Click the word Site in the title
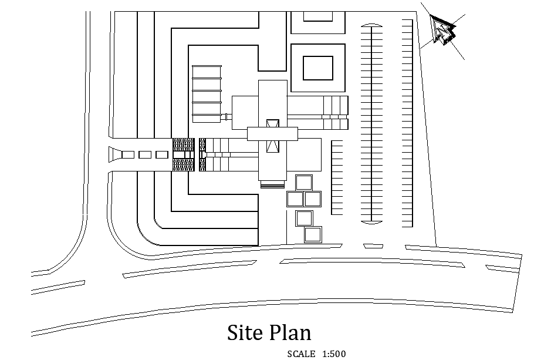pyautogui.click(x=246, y=332)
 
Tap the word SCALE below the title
pyautogui.click(x=301, y=354)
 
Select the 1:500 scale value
pyautogui.click(x=334, y=354)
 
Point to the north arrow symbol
pyautogui.click(x=443, y=31)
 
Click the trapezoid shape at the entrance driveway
pyautogui.click(x=114, y=154)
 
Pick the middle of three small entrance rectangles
pyautogui.click(x=145, y=154)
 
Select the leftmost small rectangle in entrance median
pyautogui.click(x=128, y=154)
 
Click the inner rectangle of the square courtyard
pyautogui.click(x=318, y=68)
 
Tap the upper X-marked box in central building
pyautogui.click(x=273, y=124)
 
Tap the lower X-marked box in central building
pyautogui.click(x=273, y=146)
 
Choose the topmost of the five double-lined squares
pyautogui.click(x=304, y=183)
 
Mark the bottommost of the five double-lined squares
pyautogui.click(x=313, y=235)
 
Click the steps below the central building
pyautogui.click(x=273, y=184)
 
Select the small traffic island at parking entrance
pyautogui.click(x=373, y=246)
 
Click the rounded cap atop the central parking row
pyautogui.click(x=372, y=25)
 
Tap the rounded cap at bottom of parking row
pyautogui.click(x=372, y=222)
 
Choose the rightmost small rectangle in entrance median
pyautogui.click(x=162, y=154)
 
